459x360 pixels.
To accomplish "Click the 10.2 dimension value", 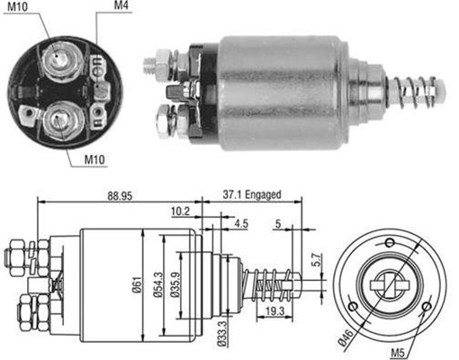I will (x=180, y=213).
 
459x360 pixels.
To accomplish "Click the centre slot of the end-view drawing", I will (x=390, y=283).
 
